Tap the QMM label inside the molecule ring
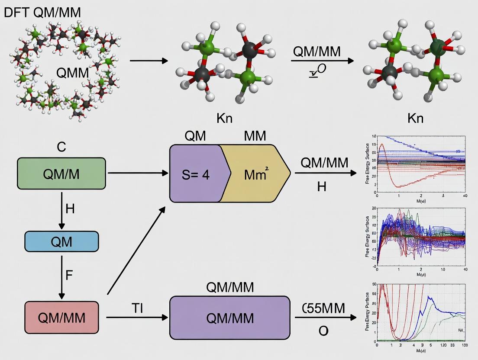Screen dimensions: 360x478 click(x=72, y=73)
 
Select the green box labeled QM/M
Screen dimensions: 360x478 click(x=61, y=174)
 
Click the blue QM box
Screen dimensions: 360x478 click(x=61, y=241)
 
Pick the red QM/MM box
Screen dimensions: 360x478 click(x=61, y=318)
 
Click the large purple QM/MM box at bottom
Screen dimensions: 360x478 click(x=229, y=318)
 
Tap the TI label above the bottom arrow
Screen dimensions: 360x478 click(x=137, y=308)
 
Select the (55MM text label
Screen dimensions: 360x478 click(x=323, y=308)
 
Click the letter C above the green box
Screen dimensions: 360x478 click(x=61, y=147)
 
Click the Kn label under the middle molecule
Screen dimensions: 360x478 click(x=224, y=118)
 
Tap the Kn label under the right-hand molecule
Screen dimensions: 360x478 click(x=415, y=118)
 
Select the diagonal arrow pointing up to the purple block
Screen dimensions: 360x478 click(x=136, y=251)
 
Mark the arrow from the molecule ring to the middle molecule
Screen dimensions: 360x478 click(x=148, y=61)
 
